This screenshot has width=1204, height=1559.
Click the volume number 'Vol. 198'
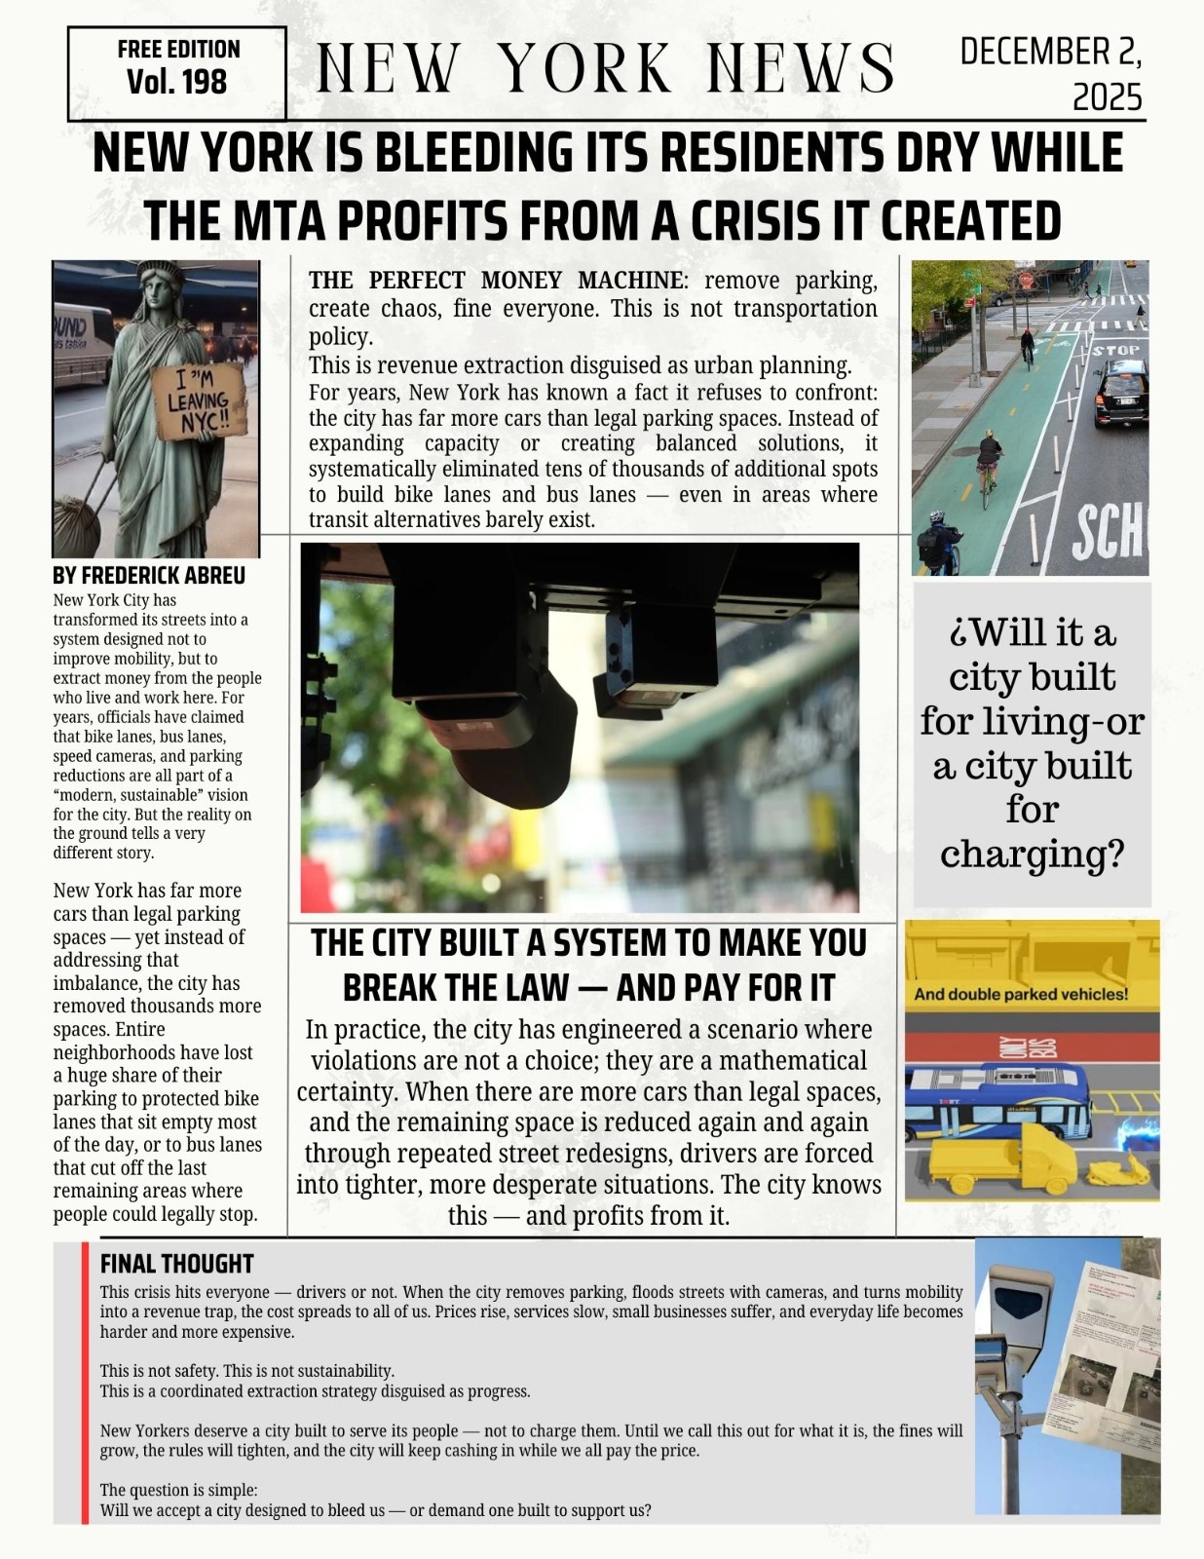tap(176, 83)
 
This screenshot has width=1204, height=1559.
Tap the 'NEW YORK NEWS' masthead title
tap(605, 68)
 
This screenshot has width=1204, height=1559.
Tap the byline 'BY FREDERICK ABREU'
tap(149, 576)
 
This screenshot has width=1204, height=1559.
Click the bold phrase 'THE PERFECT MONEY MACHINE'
tap(497, 281)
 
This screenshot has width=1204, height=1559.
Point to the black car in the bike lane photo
tap(1121, 392)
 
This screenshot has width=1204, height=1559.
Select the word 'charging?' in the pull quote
tap(1032, 854)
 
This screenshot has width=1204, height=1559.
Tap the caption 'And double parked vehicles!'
tap(1021, 995)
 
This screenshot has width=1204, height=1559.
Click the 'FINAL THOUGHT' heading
tap(176, 1264)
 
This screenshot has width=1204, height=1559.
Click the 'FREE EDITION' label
tap(178, 50)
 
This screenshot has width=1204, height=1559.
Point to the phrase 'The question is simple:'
tap(178, 1490)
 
